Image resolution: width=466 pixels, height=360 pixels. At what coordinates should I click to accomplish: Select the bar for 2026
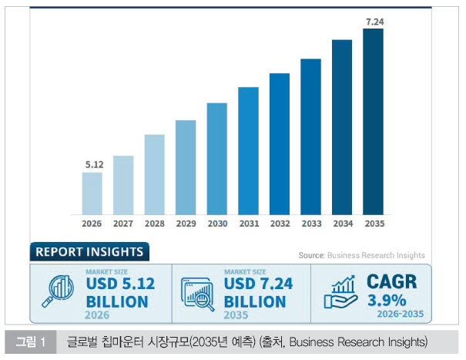(x=92, y=193)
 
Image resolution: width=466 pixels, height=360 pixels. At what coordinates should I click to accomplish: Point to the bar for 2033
(x=310, y=136)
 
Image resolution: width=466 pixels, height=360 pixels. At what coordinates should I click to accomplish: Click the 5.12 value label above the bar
(x=92, y=164)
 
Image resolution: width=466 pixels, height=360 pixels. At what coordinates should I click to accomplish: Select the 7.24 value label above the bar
(x=374, y=20)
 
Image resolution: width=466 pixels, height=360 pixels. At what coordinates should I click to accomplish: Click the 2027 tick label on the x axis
(x=123, y=224)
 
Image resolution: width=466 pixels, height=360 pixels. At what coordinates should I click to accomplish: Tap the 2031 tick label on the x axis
(x=248, y=224)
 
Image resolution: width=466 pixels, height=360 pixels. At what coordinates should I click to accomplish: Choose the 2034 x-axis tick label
(x=342, y=224)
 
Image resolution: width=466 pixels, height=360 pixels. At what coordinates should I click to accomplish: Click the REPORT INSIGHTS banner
(x=89, y=252)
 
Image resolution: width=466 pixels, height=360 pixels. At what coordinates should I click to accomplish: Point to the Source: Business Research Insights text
(x=361, y=255)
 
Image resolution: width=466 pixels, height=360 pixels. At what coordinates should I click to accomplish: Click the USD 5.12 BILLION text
(x=119, y=292)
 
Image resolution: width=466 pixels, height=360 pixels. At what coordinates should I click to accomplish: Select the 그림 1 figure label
(x=31, y=341)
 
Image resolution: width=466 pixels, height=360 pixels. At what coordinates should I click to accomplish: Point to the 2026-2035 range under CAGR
(x=401, y=314)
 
